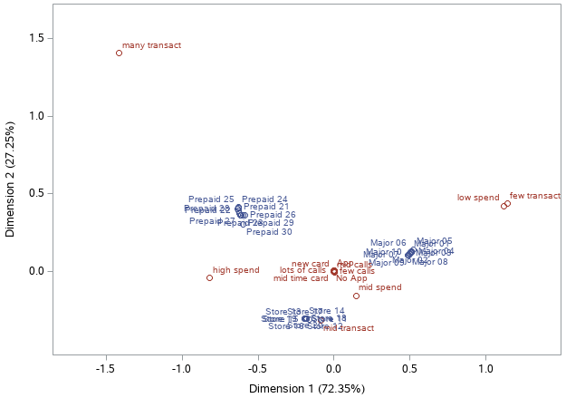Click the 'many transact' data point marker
[x=119, y=53]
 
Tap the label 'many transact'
[x=152, y=44]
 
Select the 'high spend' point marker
[x=209, y=277]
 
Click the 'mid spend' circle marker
[x=356, y=296]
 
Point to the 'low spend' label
[x=478, y=198]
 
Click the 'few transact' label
[x=535, y=196]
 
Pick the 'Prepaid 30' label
[x=269, y=232]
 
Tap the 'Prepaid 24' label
[x=264, y=199]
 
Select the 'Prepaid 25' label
[x=211, y=199]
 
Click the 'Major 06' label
[x=389, y=243]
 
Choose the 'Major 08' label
[x=429, y=262]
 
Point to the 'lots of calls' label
[x=302, y=270]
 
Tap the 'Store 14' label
[x=327, y=311]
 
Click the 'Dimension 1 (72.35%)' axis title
[x=307, y=389]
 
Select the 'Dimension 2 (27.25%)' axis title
[x=10, y=179]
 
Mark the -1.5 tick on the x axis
[x=106, y=369]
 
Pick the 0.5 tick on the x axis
[x=410, y=369]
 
